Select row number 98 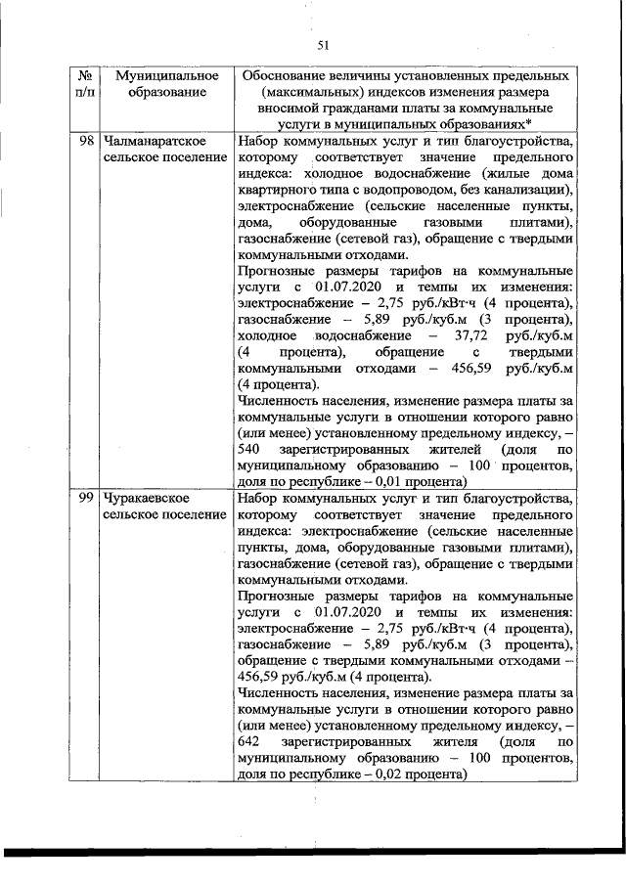[85, 142]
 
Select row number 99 [85, 499]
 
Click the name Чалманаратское [153, 142]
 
